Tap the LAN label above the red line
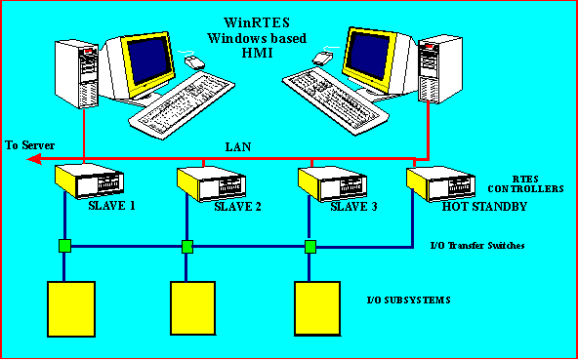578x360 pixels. tap(239, 146)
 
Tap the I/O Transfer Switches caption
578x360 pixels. tap(477, 246)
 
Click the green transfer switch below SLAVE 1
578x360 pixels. tap(63, 245)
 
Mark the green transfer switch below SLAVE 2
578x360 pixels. tap(186, 246)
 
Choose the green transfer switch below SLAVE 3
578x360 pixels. tap(310, 246)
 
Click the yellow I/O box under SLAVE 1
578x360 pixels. tap(71, 309)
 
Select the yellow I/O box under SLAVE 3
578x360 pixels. tap(318, 309)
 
